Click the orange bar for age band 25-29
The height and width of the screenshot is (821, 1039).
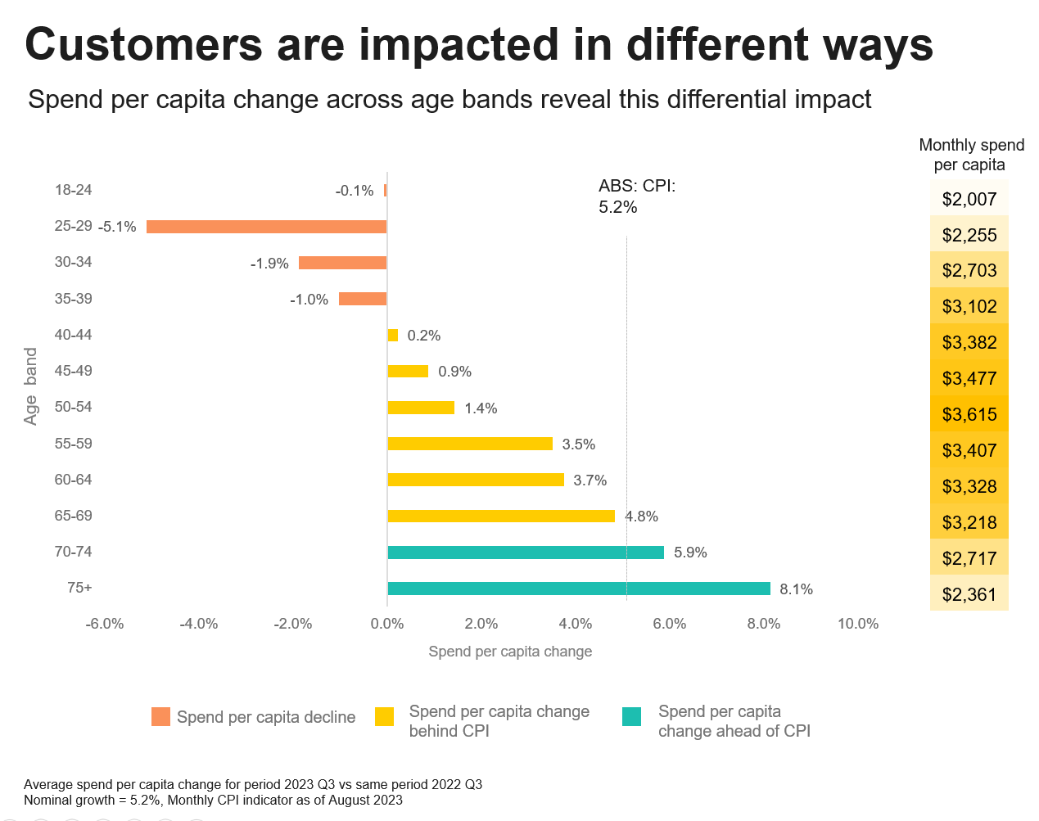tap(266, 227)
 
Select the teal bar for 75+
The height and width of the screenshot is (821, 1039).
tap(578, 589)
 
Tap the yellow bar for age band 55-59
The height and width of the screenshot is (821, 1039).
tap(469, 444)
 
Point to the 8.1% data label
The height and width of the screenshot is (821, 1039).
tap(796, 589)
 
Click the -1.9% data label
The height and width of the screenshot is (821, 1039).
tap(269, 264)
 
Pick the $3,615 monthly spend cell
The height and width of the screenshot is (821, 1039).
tap(969, 414)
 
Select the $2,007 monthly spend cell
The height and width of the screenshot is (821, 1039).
tap(969, 199)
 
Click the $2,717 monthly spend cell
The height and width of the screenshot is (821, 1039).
tap(969, 558)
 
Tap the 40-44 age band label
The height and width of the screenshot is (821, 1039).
tap(73, 335)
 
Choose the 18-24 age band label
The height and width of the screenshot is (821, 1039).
tap(73, 190)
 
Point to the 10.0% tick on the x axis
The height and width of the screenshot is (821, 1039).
tap(857, 624)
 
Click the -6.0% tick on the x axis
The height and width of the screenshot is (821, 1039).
tap(105, 624)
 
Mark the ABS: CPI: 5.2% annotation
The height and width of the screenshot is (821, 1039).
tap(636, 196)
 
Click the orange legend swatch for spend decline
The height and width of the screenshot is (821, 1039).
tap(160, 717)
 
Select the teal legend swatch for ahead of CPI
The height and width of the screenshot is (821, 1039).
tap(631, 717)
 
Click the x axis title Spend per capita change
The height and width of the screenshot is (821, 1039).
tap(510, 652)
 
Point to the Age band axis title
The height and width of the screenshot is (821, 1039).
tap(31, 386)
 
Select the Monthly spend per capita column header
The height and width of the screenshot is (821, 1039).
tap(971, 155)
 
